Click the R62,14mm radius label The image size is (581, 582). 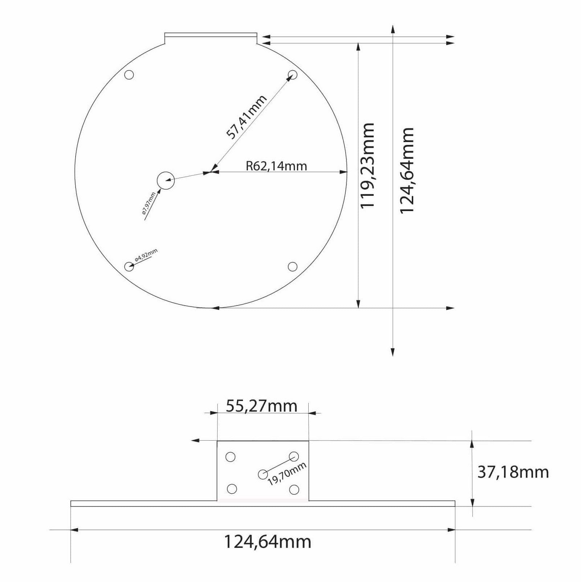pyautogui.click(x=276, y=166)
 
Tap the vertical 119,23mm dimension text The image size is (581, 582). pyautogui.click(x=367, y=165)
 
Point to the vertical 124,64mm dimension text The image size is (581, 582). pyautogui.click(x=407, y=170)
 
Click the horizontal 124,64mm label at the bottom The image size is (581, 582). pyautogui.click(x=268, y=542)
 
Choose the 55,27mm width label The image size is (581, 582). pyautogui.click(x=261, y=406)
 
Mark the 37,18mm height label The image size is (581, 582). pyautogui.click(x=513, y=472)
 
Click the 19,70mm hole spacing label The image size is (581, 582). pyautogui.click(x=287, y=474)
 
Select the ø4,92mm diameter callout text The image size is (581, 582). pyautogui.click(x=146, y=255)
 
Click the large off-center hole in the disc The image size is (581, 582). pyautogui.click(x=166, y=180)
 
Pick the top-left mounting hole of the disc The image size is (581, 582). pyautogui.click(x=129, y=75)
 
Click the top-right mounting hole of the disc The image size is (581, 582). pyautogui.click(x=292, y=75)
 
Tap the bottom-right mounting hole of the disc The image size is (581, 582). pyautogui.click(x=292, y=267)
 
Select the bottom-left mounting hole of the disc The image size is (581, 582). pyautogui.click(x=129, y=267)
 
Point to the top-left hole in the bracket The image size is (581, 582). pyautogui.click(x=231, y=457)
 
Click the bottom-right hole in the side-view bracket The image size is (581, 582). pyautogui.click(x=294, y=490)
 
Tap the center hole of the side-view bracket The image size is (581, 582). pyautogui.click(x=263, y=474)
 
